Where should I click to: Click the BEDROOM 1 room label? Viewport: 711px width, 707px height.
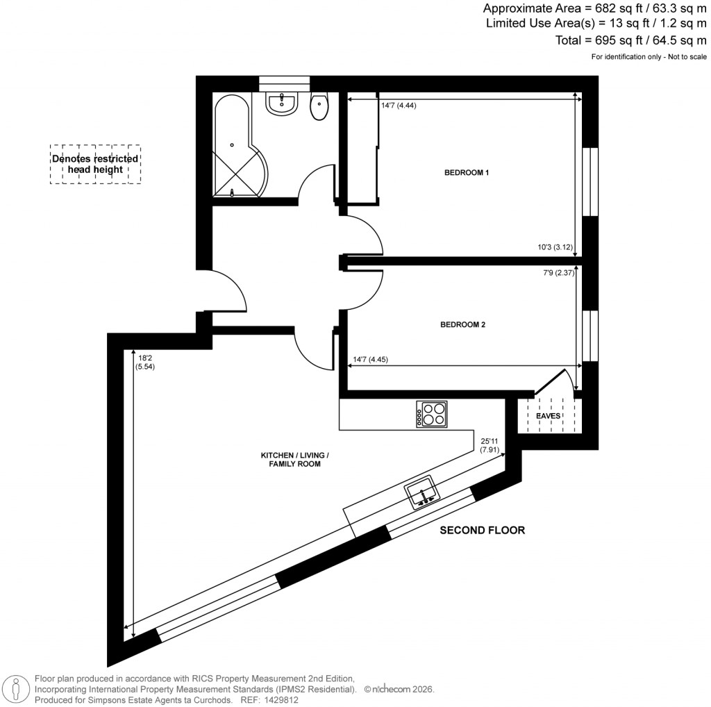(467, 172)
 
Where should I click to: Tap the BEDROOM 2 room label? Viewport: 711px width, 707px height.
(463, 324)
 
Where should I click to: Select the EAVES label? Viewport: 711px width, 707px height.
(548, 416)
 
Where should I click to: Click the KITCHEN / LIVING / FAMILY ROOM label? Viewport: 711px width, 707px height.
(294, 459)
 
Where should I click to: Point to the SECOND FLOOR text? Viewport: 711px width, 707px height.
(483, 531)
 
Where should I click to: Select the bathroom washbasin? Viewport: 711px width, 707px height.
(282, 103)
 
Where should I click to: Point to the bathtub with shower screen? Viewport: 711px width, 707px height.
(233, 147)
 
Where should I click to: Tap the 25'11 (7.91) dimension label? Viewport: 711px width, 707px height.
(490, 444)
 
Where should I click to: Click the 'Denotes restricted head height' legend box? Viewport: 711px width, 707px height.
(95, 165)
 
